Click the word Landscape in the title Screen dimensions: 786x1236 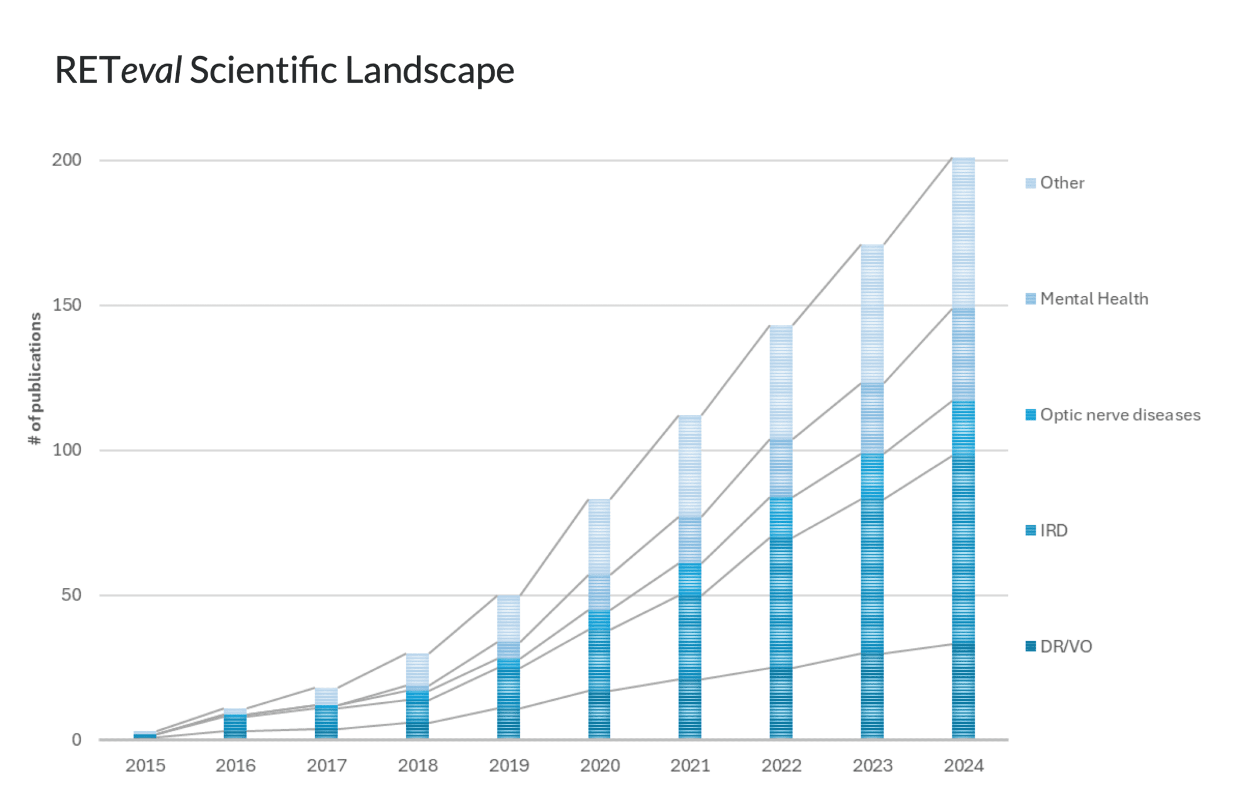[429, 70]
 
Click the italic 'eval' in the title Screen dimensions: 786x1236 [151, 70]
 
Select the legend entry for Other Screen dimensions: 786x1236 [1061, 183]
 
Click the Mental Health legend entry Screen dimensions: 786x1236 [1093, 299]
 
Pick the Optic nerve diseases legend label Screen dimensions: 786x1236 [1120, 415]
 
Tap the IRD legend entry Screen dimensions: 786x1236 [1053, 530]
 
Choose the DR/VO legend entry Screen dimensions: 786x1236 [1065, 647]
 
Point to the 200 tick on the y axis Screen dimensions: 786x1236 [66, 160]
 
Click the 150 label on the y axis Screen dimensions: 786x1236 [66, 305]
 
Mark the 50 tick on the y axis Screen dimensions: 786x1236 [71, 595]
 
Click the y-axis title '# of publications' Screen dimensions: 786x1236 [35, 378]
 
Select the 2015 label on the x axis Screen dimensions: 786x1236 [145, 765]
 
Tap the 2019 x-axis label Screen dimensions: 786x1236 [509, 765]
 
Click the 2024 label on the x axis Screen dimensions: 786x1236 [963, 765]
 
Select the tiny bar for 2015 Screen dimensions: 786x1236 [145, 735]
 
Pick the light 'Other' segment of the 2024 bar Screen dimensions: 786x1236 [963, 232]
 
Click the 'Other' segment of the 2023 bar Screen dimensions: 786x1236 [872, 314]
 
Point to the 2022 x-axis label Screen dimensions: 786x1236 [781, 765]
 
